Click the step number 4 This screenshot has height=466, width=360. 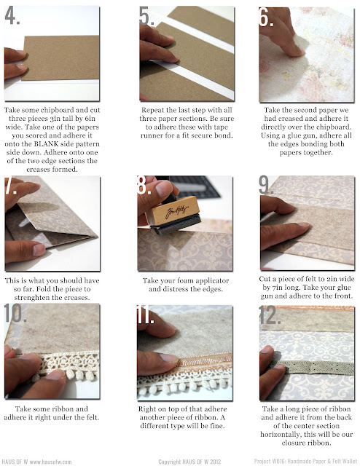(12, 16)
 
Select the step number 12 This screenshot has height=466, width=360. (270, 315)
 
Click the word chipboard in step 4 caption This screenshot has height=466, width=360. (57, 110)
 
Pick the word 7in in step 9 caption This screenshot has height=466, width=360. (277, 288)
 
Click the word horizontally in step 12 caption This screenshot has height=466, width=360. (281, 435)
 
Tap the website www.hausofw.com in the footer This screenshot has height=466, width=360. (50, 462)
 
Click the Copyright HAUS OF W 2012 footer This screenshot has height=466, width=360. (189, 462)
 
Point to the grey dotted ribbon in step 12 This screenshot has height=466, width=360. (313, 367)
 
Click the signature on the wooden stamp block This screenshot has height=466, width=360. (177, 211)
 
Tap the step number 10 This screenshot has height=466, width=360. (15, 313)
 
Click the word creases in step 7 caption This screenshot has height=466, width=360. (76, 298)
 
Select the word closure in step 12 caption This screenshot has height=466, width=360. (292, 443)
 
